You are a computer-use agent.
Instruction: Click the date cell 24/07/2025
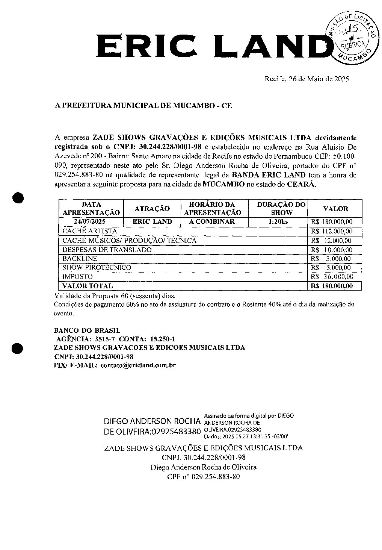(x=89, y=221)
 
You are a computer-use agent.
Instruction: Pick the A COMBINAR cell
(x=212, y=221)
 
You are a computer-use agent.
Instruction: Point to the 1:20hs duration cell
(x=278, y=221)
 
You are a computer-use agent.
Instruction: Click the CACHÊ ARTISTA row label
(x=89, y=231)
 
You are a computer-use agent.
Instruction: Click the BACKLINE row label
(x=80, y=259)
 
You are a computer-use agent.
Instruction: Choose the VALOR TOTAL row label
(x=87, y=286)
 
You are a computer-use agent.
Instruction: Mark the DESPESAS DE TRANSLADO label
(x=107, y=250)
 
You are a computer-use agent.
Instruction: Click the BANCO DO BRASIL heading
(x=87, y=330)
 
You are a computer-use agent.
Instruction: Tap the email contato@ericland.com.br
(x=138, y=365)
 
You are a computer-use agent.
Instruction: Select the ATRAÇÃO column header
(x=152, y=209)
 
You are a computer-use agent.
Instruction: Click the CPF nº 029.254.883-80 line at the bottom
(x=203, y=477)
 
